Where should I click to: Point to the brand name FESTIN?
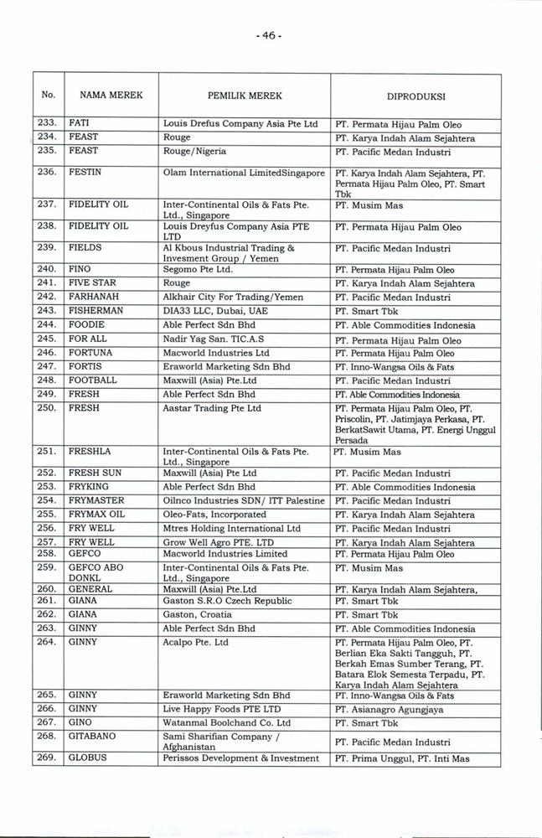click(84, 171)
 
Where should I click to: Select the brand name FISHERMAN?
click(95, 310)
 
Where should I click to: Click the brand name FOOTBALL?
click(92, 380)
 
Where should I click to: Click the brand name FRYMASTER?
click(95, 500)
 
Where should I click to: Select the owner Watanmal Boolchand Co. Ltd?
click(226, 722)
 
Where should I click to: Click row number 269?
click(47, 758)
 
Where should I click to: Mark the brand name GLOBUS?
click(86, 758)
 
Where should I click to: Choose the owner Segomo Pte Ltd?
click(198, 270)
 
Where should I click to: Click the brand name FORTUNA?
click(90, 353)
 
